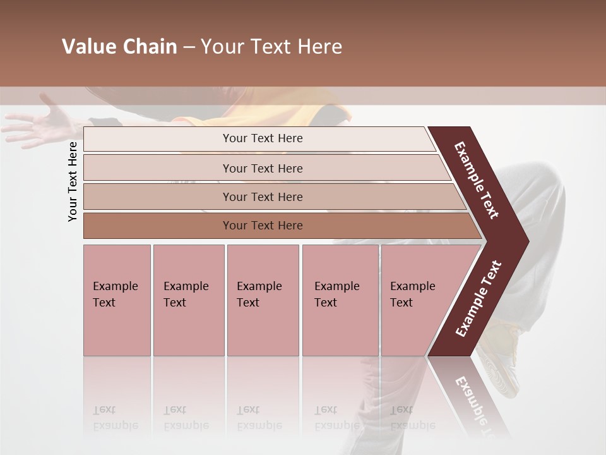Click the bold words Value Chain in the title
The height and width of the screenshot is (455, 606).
pyautogui.click(x=119, y=47)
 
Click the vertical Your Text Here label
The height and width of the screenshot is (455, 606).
pyautogui.click(x=73, y=181)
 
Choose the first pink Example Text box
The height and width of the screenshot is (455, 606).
pyautogui.click(x=117, y=300)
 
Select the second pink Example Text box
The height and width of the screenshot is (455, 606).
pyautogui.click(x=188, y=300)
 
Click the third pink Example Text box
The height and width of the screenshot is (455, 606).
pyautogui.click(x=263, y=300)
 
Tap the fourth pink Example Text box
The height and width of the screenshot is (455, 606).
pyautogui.click(x=340, y=300)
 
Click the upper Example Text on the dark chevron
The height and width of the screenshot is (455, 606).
pyautogui.click(x=477, y=180)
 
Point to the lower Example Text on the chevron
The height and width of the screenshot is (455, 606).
pyautogui.click(x=478, y=298)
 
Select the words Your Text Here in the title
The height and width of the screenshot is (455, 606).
pyautogui.click(x=271, y=47)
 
